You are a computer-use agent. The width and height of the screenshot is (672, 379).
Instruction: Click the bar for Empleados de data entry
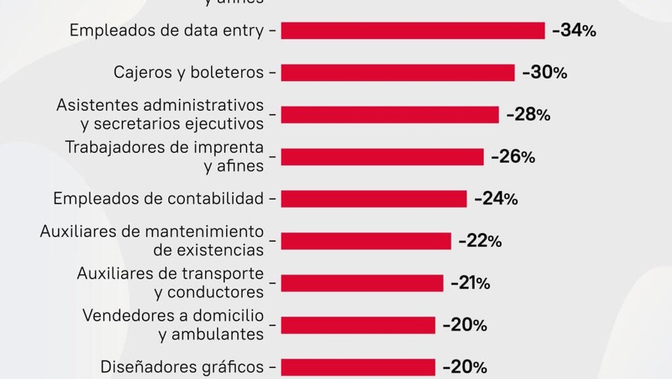413,31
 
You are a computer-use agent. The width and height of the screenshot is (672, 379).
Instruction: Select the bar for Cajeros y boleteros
398,73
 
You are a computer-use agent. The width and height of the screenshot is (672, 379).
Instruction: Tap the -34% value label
574,30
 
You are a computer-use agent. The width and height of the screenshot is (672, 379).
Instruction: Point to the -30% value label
545,72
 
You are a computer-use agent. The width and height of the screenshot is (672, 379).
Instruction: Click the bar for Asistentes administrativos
390,115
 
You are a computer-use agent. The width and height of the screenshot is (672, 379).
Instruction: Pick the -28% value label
528,115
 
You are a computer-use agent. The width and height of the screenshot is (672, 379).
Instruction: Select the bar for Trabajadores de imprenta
382,157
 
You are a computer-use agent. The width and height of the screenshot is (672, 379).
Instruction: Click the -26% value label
513,157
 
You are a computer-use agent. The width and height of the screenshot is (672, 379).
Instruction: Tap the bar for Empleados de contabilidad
374,199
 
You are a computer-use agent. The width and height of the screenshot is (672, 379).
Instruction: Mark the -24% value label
496,199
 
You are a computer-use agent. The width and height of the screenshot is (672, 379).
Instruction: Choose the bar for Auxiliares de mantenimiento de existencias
366,241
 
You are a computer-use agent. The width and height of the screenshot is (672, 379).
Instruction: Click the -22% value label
480,241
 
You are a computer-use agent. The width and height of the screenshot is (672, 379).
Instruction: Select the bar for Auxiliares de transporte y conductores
362,283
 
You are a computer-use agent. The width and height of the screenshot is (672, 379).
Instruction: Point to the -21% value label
470,283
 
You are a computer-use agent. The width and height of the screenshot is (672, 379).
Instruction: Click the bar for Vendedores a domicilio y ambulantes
358,325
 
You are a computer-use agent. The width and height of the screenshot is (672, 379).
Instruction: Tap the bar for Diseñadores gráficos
358,367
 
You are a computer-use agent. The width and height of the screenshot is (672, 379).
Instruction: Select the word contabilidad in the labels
216,198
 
